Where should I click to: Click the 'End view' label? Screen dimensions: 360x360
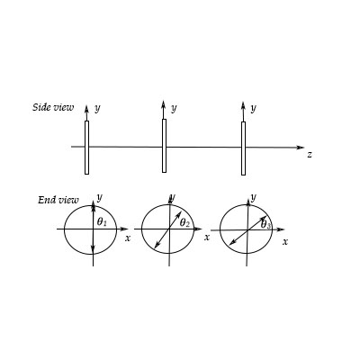click(58, 200)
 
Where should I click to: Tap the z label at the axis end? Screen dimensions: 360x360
click(309, 155)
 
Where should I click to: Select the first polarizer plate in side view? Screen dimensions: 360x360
click(87, 147)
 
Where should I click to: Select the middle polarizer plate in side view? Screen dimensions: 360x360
click(164, 145)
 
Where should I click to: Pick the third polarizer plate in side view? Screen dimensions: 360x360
click(243, 148)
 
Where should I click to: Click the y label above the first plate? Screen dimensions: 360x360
click(97, 107)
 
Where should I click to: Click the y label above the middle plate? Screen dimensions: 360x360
click(174, 107)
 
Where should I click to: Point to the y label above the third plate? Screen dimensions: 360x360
click(253, 107)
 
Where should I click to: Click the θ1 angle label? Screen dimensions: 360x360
click(102, 221)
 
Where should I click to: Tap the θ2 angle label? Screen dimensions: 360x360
click(184, 222)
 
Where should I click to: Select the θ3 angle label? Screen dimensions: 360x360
click(265, 224)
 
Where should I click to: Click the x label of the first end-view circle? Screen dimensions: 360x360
click(128, 238)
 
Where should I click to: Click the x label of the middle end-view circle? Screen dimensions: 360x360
click(206, 237)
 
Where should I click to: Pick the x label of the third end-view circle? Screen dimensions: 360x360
click(285, 241)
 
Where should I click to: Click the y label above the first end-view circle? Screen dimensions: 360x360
click(99, 196)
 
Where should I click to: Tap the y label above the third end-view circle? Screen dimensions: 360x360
click(253, 196)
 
